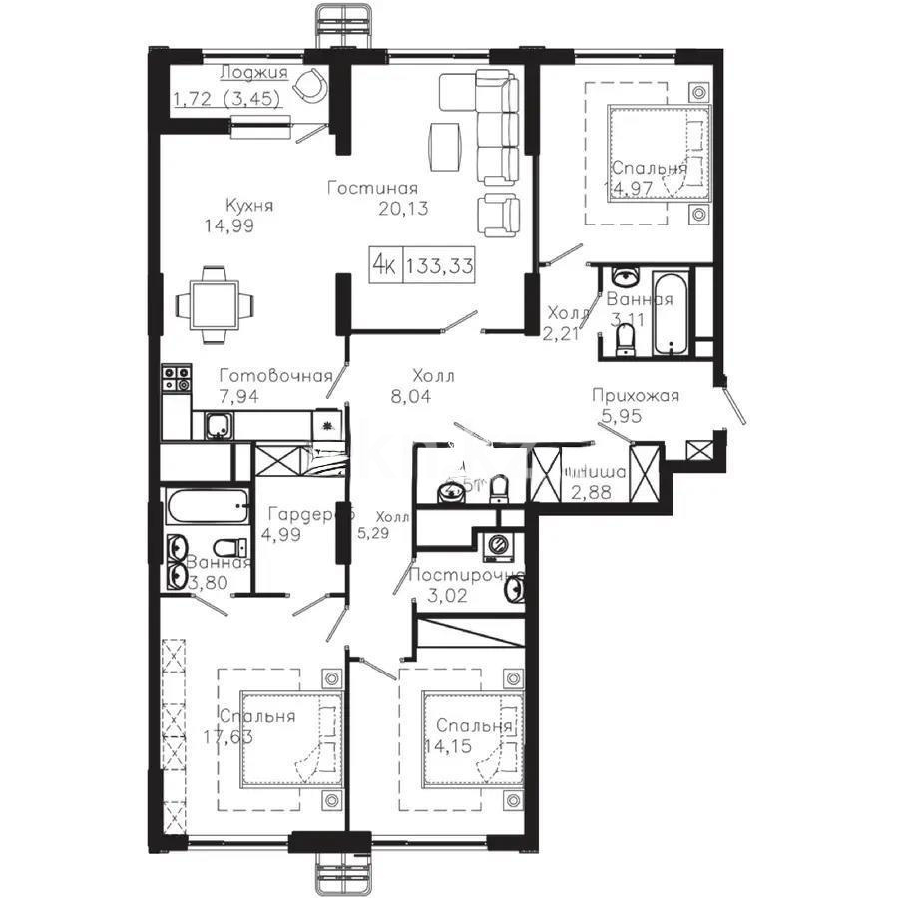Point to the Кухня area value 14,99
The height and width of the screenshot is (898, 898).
pos(228,225)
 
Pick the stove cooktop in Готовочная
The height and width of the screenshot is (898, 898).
pos(177,379)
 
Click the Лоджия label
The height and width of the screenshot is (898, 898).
pos(253,72)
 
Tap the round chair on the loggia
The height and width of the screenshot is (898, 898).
pos(312,85)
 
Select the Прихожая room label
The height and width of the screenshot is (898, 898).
pos(635,396)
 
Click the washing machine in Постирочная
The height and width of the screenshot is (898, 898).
pos(495,545)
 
